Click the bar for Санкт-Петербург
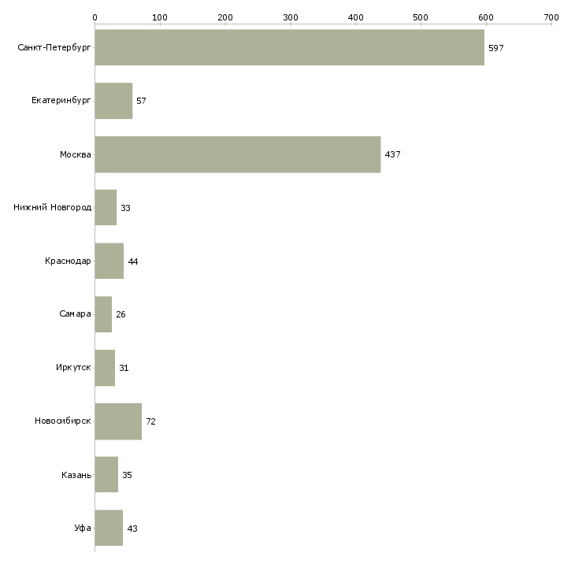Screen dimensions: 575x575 click(289, 47)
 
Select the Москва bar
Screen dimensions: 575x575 click(237, 154)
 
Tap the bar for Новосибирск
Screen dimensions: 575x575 click(118, 421)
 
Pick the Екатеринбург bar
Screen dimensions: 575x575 click(113, 101)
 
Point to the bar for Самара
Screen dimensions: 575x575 click(103, 314)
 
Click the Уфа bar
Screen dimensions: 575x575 click(109, 528)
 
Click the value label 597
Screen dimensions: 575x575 click(495, 48)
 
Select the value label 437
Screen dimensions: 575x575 click(392, 154)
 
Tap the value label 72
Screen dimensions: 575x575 click(150, 421)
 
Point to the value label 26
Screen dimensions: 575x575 click(121, 314)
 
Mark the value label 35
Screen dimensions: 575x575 click(127, 475)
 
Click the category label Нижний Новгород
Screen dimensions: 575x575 click(52, 208)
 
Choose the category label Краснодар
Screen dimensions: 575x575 click(68, 261)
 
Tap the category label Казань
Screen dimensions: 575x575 click(76, 475)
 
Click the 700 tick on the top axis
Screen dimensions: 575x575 click(551, 17)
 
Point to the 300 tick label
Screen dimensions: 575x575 click(290, 17)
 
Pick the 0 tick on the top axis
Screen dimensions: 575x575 click(95, 17)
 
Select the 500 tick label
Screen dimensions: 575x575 click(420, 17)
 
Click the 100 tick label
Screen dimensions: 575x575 click(160, 17)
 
